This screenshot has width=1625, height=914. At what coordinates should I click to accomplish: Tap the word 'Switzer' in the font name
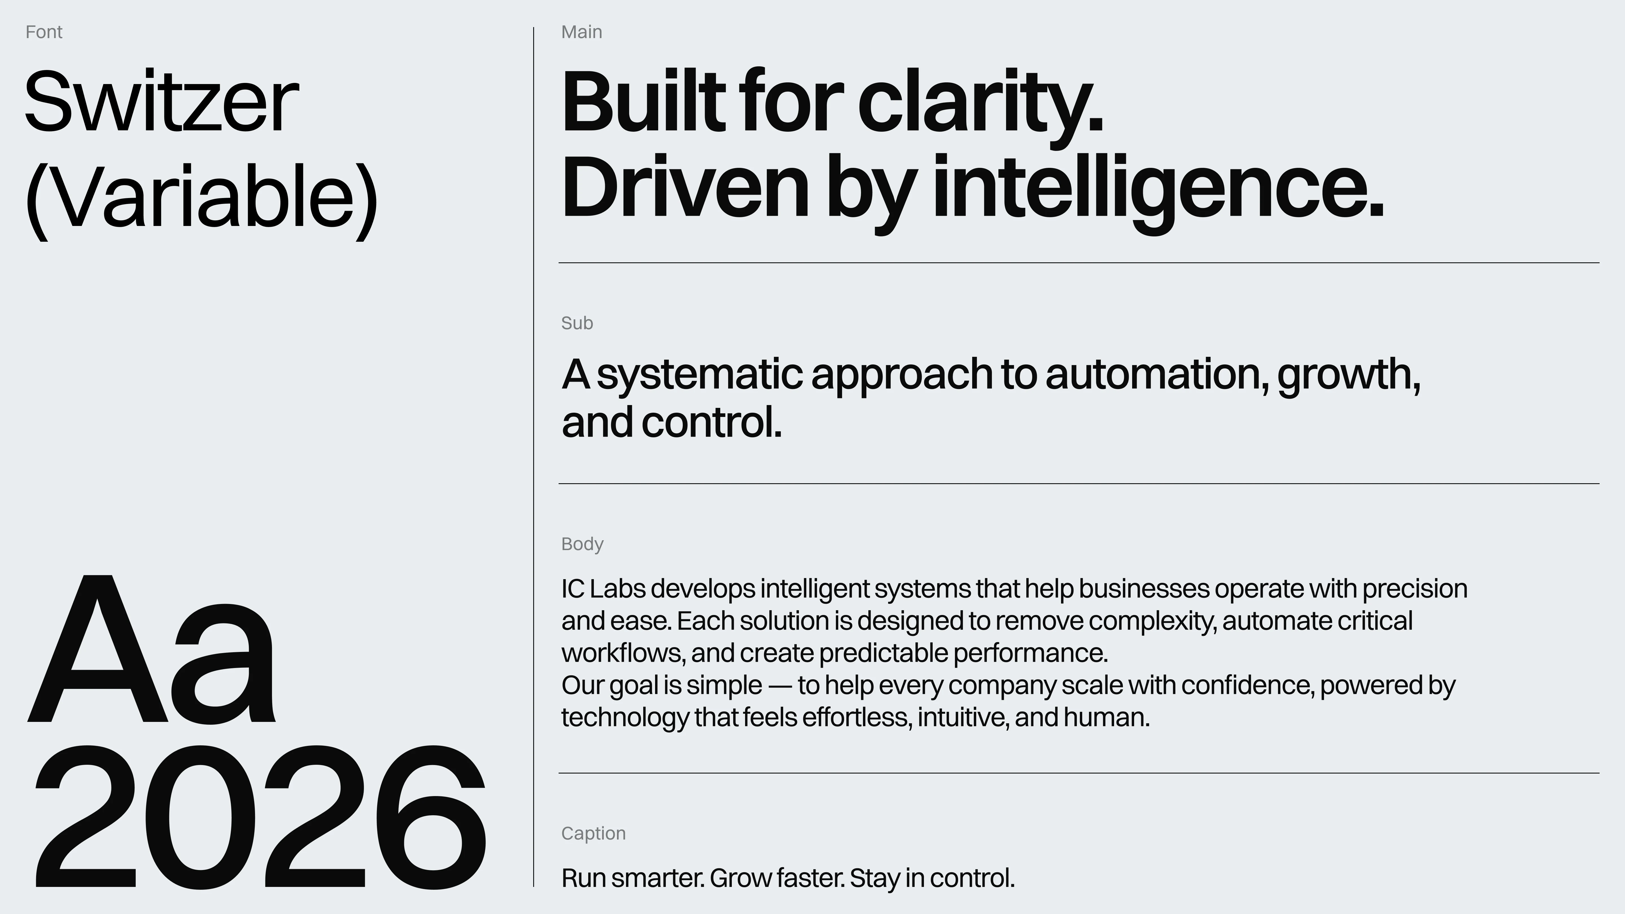(161, 102)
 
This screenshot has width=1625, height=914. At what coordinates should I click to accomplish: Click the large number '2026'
(260, 817)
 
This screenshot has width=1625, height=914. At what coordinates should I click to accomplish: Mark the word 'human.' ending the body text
(1107, 717)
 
